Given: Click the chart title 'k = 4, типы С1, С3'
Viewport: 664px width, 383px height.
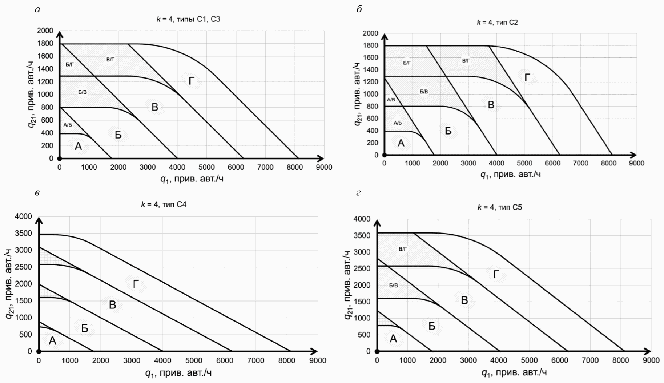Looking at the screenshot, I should pyautogui.click(x=188, y=19).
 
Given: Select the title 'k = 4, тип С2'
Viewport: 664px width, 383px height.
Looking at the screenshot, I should pyautogui.click(x=497, y=22).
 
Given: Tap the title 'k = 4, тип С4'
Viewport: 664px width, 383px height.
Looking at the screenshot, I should pyautogui.click(x=164, y=204).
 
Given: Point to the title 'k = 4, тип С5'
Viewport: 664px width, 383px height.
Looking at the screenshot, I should pyautogui.click(x=499, y=207).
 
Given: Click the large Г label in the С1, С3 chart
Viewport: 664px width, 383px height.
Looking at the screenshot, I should pyautogui.click(x=192, y=81).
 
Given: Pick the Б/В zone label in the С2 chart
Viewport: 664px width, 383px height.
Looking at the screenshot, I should pyautogui.click(x=424, y=92).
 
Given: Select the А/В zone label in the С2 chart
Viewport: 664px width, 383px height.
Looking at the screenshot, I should pyautogui.click(x=391, y=100).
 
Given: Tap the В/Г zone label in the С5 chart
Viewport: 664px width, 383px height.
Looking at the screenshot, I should pyautogui.click(x=403, y=249).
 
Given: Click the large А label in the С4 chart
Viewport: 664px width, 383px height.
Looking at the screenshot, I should pyautogui.click(x=52, y=341).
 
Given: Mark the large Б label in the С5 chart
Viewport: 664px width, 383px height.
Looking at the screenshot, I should pyautogui.click(x=432, y=326).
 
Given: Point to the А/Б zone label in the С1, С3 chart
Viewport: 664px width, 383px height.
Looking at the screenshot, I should pyautogui.click(x=68, y=125).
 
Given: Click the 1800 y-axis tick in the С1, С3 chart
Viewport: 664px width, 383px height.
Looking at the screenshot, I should pyautogui.click(x=45, y=43).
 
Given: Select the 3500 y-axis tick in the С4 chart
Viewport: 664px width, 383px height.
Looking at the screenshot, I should pyautogui.click(x=24, y=233).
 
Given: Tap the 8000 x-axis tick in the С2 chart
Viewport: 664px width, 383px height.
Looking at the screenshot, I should pyautogui.click(x=608, y=163).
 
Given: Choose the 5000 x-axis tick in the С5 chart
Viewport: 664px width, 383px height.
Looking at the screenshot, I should pyautogui.click(x=529, y=360).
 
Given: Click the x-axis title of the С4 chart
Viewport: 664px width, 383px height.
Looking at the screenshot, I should pyautogui.click(x=178, y=373).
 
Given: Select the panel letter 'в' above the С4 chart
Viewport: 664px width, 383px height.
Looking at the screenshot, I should pyautogui.click(x=37, y=193).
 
